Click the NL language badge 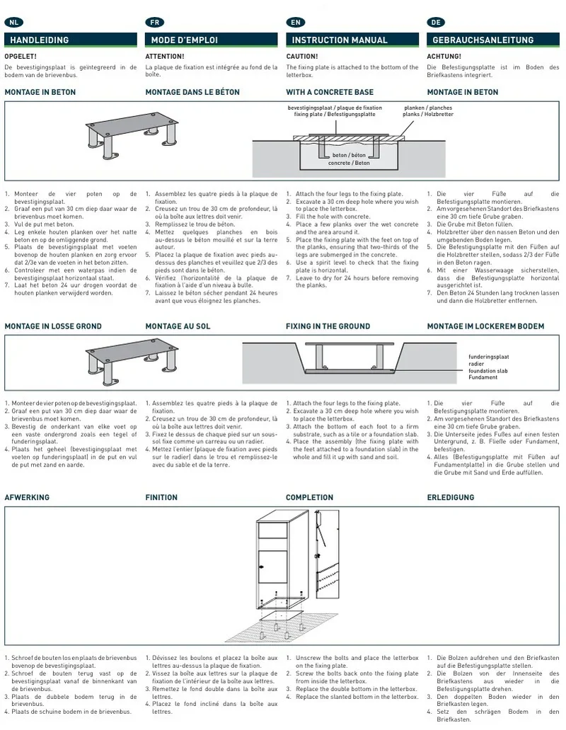13,22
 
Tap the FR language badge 155,22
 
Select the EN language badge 295,22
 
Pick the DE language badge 437,22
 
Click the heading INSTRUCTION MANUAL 340,40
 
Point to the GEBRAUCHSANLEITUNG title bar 493,40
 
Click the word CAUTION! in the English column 302,57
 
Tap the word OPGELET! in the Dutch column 21,57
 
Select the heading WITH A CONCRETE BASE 330,92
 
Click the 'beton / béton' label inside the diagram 349,155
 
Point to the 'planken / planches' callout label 428,108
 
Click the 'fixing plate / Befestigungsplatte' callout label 335,114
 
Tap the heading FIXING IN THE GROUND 328,326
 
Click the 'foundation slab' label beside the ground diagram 488,371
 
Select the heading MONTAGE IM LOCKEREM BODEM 485,326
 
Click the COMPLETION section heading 309,497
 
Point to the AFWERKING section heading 27,497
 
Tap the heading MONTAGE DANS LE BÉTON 192,92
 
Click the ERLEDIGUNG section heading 451,497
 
